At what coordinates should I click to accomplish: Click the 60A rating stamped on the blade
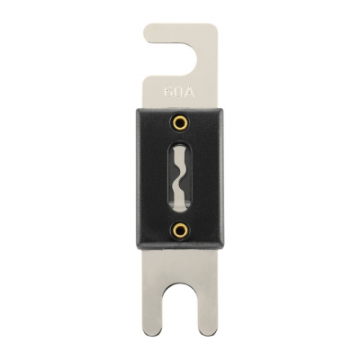180,92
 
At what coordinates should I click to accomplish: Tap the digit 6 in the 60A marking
169,92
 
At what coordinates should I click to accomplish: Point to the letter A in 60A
190,92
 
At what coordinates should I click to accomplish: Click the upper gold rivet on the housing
180,122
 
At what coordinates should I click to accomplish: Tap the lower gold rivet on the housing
180,230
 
